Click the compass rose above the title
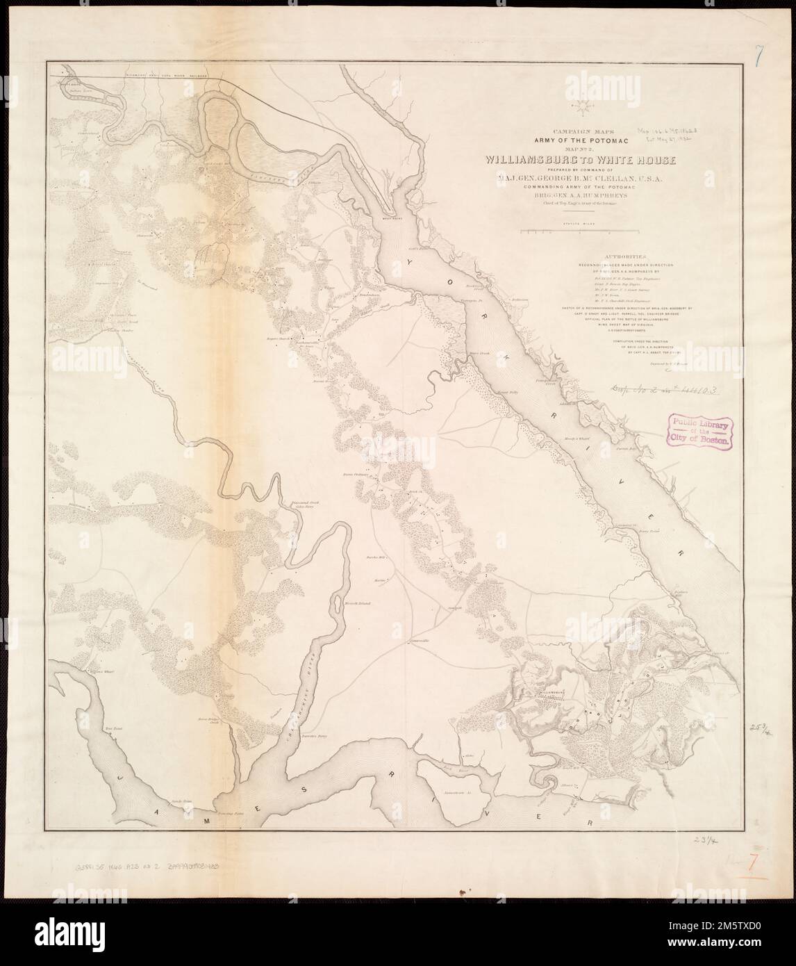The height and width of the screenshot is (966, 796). (x=577, y=106)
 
